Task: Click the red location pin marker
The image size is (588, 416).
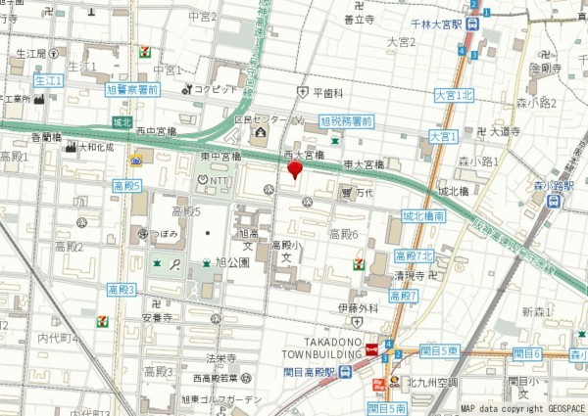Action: [x=294, y=170]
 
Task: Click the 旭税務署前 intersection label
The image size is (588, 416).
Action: [x=348, y=120]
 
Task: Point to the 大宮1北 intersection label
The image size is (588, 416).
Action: [x=453, y=95]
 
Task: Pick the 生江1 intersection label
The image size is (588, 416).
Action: [x=48, y=79]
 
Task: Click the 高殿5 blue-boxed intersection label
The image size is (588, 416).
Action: [x=126, y=185]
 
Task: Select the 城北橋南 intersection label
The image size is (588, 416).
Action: [x=424, y=215]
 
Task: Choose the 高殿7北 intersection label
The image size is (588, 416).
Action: [x=414, y=255]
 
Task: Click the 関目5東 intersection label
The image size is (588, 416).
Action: [x=439, y=350]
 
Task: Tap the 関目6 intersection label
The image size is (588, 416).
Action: [x=525, y=353]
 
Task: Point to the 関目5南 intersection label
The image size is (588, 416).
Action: [x=387, y=407]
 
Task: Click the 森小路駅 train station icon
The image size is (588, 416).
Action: [x=554, y=201]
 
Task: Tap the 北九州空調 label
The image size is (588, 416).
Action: [x=432, y=382]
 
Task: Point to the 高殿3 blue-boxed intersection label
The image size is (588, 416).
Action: [x=122, y=290]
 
